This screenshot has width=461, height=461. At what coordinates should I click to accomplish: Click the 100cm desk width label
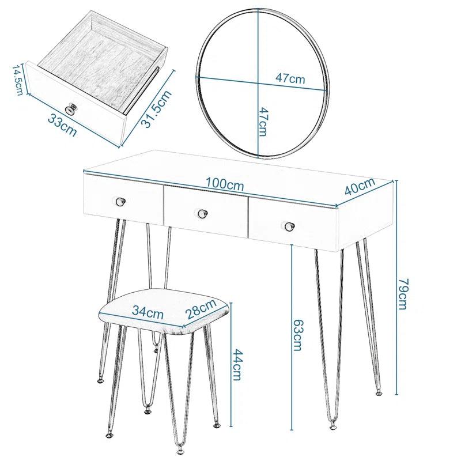tap(225, 186)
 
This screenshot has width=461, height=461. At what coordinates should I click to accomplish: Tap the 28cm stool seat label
tap(201, 311)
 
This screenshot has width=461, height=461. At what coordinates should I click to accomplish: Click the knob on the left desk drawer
tap(121, 201)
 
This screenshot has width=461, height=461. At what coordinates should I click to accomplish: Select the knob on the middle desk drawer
tap(202, 214)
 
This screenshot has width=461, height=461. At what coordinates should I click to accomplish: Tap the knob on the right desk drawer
tap(288, 226)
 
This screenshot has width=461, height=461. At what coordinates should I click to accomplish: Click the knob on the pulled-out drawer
tap(72, 108)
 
